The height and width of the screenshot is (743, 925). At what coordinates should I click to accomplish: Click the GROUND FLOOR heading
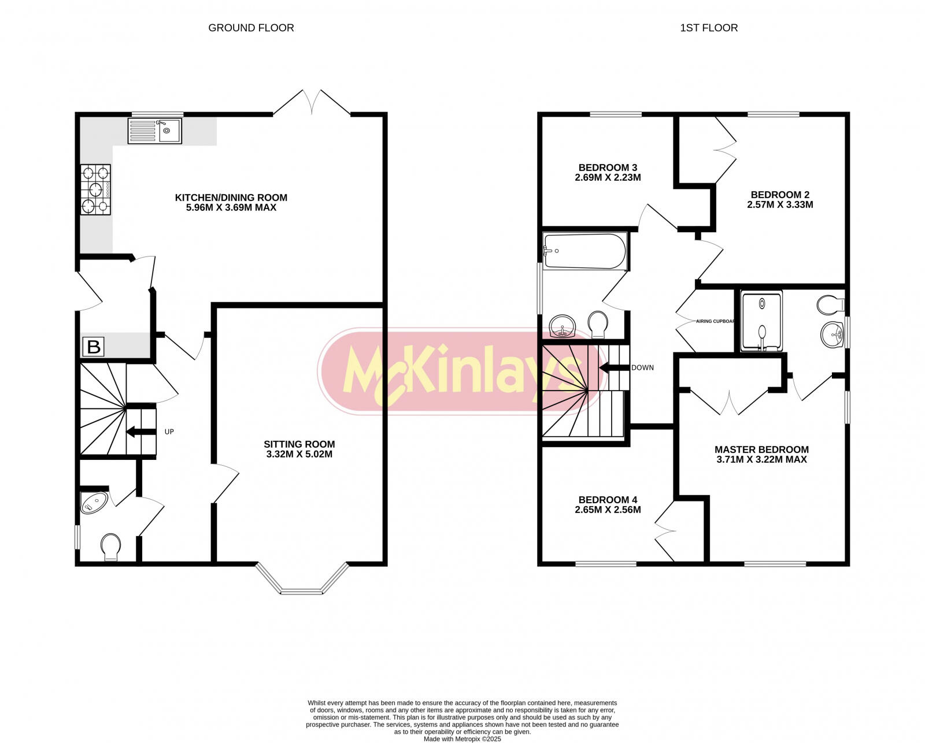coord(251,28)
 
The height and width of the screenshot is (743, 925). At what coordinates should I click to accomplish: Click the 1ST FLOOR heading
coord(709,28)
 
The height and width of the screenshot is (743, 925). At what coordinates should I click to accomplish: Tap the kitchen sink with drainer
coord(154,131)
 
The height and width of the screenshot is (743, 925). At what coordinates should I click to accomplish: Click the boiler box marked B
coord(94,347)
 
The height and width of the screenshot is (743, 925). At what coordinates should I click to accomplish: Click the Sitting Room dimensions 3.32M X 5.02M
coord(299,454)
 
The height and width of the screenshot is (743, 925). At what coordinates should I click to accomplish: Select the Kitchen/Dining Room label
coord(231,198)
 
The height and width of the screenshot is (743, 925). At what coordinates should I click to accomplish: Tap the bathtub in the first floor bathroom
coord(584,251)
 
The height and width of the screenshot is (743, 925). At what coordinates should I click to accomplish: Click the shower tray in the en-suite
coord(761,321)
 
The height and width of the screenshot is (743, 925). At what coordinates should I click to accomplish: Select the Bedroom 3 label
coord(608,168)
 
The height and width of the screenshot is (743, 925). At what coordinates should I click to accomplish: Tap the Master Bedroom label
coord(761,449)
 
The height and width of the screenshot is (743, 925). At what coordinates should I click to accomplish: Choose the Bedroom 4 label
coord(608,500)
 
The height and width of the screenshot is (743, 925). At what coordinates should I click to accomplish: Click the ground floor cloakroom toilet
coord(111,546)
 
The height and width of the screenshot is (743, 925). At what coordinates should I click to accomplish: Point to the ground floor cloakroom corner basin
coord(94,503)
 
